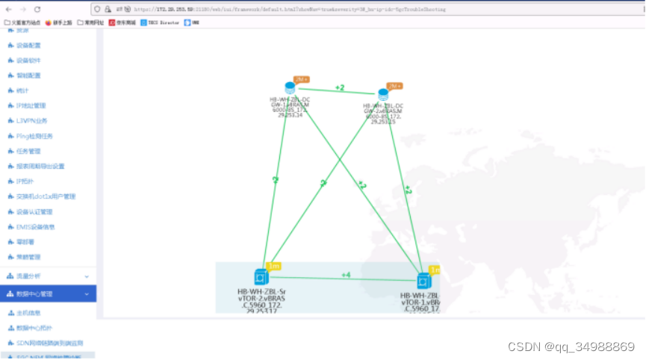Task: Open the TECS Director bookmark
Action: coord(160,22)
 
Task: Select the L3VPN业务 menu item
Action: coord(31,121)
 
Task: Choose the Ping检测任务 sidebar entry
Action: coord(34,136)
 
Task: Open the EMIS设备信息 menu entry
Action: coord(35,226)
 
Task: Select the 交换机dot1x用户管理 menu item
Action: coord(46,196)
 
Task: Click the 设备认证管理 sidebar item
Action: coord(34,211)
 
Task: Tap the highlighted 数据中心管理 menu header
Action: coord(35,294)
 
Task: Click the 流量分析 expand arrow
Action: coord(87,276)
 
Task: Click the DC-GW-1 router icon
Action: coord(290,88)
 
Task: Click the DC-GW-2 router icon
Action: coord(383,95)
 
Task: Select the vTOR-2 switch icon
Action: coord(261,276)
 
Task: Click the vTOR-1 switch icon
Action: coord(424,281)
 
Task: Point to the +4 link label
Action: coord(346,275)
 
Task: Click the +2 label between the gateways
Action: coord(340,88)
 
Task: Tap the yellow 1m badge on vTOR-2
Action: coord(273,266)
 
